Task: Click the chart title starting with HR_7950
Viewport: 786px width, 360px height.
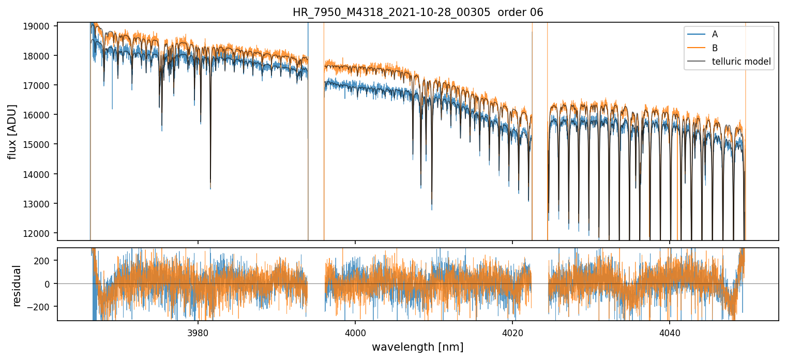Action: coord(418,12)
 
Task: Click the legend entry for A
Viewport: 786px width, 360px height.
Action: coord(715,34)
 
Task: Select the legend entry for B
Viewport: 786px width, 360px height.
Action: coord(715,48)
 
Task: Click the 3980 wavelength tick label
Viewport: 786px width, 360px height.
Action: coord(198,332)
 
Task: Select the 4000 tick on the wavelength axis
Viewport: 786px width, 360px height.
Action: coord(355,332)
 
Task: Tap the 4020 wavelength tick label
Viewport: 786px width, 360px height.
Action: coord(512,332)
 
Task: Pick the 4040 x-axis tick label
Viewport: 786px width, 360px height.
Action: coord(670,332)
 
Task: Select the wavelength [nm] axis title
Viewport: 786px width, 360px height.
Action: coord(418,347)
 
